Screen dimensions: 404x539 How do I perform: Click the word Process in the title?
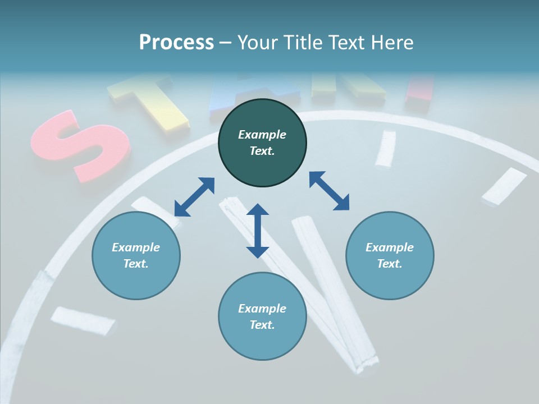(176, 42)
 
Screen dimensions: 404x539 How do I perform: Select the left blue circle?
(136, 255)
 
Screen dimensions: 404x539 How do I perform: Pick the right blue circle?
(390, 255)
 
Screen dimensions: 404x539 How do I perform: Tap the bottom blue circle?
(262, 316)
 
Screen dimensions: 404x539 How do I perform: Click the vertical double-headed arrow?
(258, 231)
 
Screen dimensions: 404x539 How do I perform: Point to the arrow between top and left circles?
(194, 197)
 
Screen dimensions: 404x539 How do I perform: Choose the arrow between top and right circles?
(329, 191)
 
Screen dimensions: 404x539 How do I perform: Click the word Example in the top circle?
(262, 135)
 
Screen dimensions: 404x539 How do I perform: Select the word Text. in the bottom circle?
(262, 325)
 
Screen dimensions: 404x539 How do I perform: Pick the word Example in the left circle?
(136, 247)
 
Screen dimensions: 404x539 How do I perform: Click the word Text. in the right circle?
(390, 264)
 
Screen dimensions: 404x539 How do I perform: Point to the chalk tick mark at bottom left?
(83, 320)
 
